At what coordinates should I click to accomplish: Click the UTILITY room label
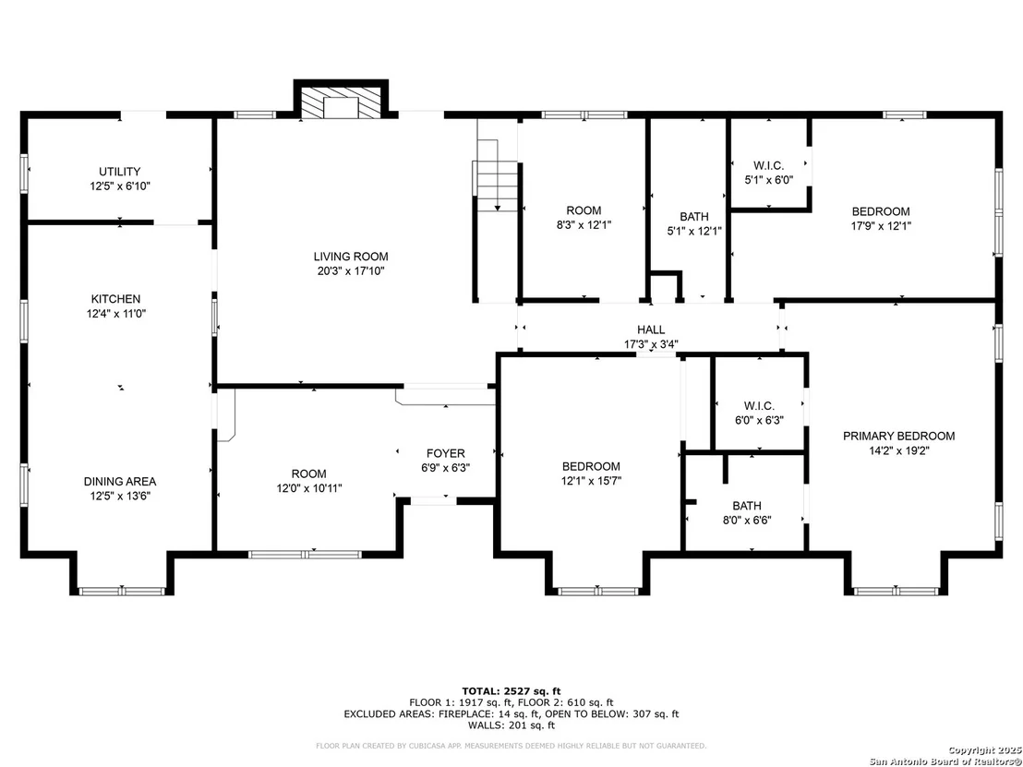pyautogui.click(x=119, y=172)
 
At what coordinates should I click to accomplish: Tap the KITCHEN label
pyautogui.click(x=115, y=299)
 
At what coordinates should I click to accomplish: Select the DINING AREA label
pyautogui.click(x=120, y=481)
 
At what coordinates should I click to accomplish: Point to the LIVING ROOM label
pyautogui.click(x=351, y=257)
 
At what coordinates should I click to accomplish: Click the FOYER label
pyautogui.click(x=446, y=453)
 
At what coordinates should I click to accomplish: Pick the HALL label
pyautogui.click(x=651, y=330)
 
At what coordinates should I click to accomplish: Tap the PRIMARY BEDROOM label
pyautogui.click(x=899, y=436)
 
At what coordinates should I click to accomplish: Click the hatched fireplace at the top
pyautogui.click(x=341, y=103)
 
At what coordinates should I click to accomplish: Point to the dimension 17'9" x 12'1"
pyautogui.click(x=881, y=225)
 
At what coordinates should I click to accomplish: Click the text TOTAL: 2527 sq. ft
pyautogui.click(x=511, y=691)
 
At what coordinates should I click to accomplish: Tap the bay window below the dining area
pyautogui.click(x=121, y=591)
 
